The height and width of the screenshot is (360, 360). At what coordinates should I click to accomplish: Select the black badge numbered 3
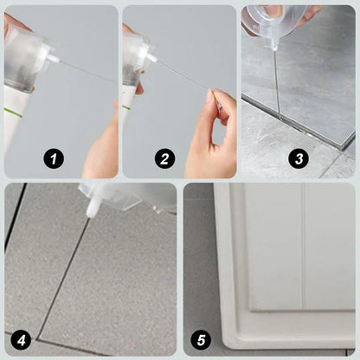(298, 157)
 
